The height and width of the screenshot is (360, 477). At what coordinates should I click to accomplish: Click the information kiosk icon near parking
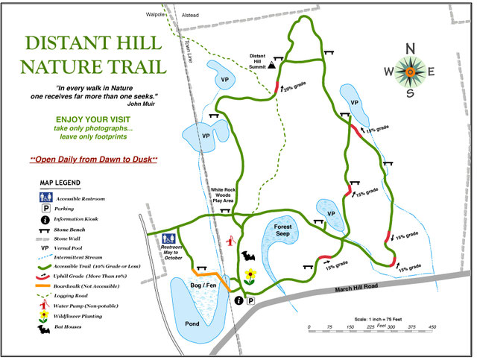point(238,300)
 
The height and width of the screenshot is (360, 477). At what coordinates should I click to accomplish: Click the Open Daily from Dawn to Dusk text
point(93,160)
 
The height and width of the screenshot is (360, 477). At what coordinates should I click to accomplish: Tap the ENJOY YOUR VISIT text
point(93,119)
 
